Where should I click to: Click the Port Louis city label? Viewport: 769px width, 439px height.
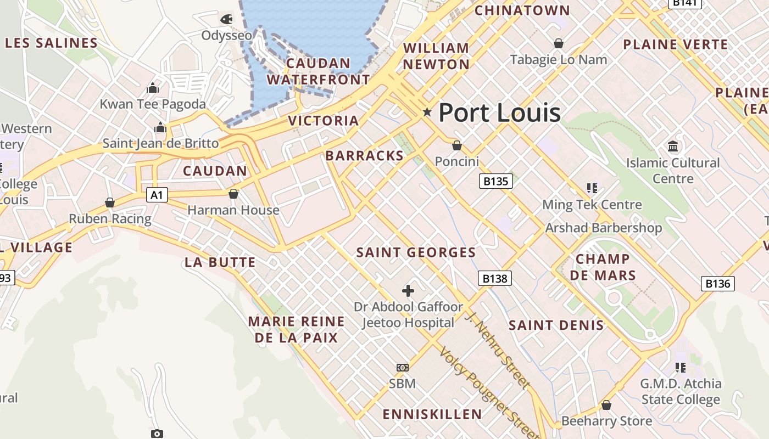click(499, 113)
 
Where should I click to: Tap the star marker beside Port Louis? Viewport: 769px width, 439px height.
click(427, 112)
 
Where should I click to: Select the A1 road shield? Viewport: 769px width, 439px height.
click(157, 195)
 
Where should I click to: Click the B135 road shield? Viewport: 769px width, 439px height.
click(495, 181)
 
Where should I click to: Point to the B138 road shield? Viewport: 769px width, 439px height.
click(494, 278)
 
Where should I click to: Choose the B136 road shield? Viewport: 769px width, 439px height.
click(717, 283)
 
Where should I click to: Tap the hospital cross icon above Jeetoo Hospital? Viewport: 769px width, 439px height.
click(408, 290)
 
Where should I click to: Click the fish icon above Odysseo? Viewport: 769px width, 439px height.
click(226, 19)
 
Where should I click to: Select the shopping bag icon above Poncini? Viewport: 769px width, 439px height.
click(456, 145)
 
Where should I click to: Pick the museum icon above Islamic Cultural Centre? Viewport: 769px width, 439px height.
click(673, 146)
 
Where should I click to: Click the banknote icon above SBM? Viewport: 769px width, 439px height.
click(403, 367)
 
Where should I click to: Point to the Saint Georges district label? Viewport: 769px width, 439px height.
click(416, 252)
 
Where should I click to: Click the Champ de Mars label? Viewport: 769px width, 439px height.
click(603, 267)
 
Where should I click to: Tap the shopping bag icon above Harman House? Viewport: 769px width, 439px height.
click(233, 194)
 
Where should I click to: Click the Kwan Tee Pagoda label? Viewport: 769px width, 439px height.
click(153, 104)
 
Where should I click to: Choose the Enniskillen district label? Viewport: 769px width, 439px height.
click(432, 414)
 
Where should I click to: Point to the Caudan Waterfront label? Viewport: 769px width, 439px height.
click(318, 71)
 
